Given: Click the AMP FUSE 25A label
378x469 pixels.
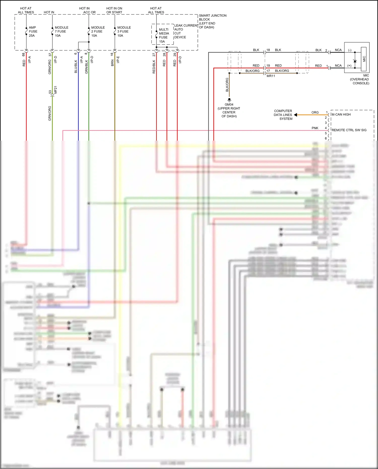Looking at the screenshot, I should [x=33, y=32].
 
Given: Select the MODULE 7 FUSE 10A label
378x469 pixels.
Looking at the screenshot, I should [x=61, y=32].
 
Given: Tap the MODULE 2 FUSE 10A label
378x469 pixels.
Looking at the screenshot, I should [x=98, y=32].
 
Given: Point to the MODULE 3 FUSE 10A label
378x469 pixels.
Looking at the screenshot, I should [x=124, y=32].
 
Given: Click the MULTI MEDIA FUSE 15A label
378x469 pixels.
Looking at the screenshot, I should [x=164, y=35].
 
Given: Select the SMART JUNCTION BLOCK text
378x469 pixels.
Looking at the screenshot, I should [x=212, y=21].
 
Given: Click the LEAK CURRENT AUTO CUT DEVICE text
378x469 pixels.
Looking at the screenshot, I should [x=186, y=31].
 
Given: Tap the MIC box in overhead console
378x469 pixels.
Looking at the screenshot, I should [x=364, y=59].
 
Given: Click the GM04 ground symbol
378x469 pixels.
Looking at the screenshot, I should [x=229, y=100].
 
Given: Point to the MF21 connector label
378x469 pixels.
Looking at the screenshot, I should [x=56, y=90].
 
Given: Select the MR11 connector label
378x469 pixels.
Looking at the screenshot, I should [x=271, y=76].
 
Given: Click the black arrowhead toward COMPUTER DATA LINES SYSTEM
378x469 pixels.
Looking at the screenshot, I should [x=296, y=115].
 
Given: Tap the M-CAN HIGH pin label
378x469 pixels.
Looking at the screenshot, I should [x=341, y=114].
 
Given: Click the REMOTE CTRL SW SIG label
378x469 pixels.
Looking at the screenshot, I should [x=349, y=130].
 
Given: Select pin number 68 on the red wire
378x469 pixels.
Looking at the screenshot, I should [x=23, y=54].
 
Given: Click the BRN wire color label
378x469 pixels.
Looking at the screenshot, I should [x=112, y=63].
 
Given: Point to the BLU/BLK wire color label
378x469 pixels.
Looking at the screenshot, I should [x=76, y=67].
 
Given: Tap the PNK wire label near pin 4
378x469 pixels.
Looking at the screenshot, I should [x=315, y=128].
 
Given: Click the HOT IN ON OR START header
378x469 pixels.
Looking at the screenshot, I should [x=114, y=10].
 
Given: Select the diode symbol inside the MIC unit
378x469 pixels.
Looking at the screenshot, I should [x=355, y=61].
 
